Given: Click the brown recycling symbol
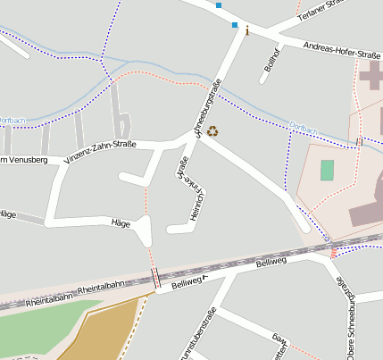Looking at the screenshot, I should [212, 131].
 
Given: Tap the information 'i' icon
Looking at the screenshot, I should [247, 30].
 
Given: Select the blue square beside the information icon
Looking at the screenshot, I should [234, 24].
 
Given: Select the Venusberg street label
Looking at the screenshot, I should [16, 160].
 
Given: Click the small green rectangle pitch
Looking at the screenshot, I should [327, 170].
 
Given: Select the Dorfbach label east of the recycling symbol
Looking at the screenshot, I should [303, 129].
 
